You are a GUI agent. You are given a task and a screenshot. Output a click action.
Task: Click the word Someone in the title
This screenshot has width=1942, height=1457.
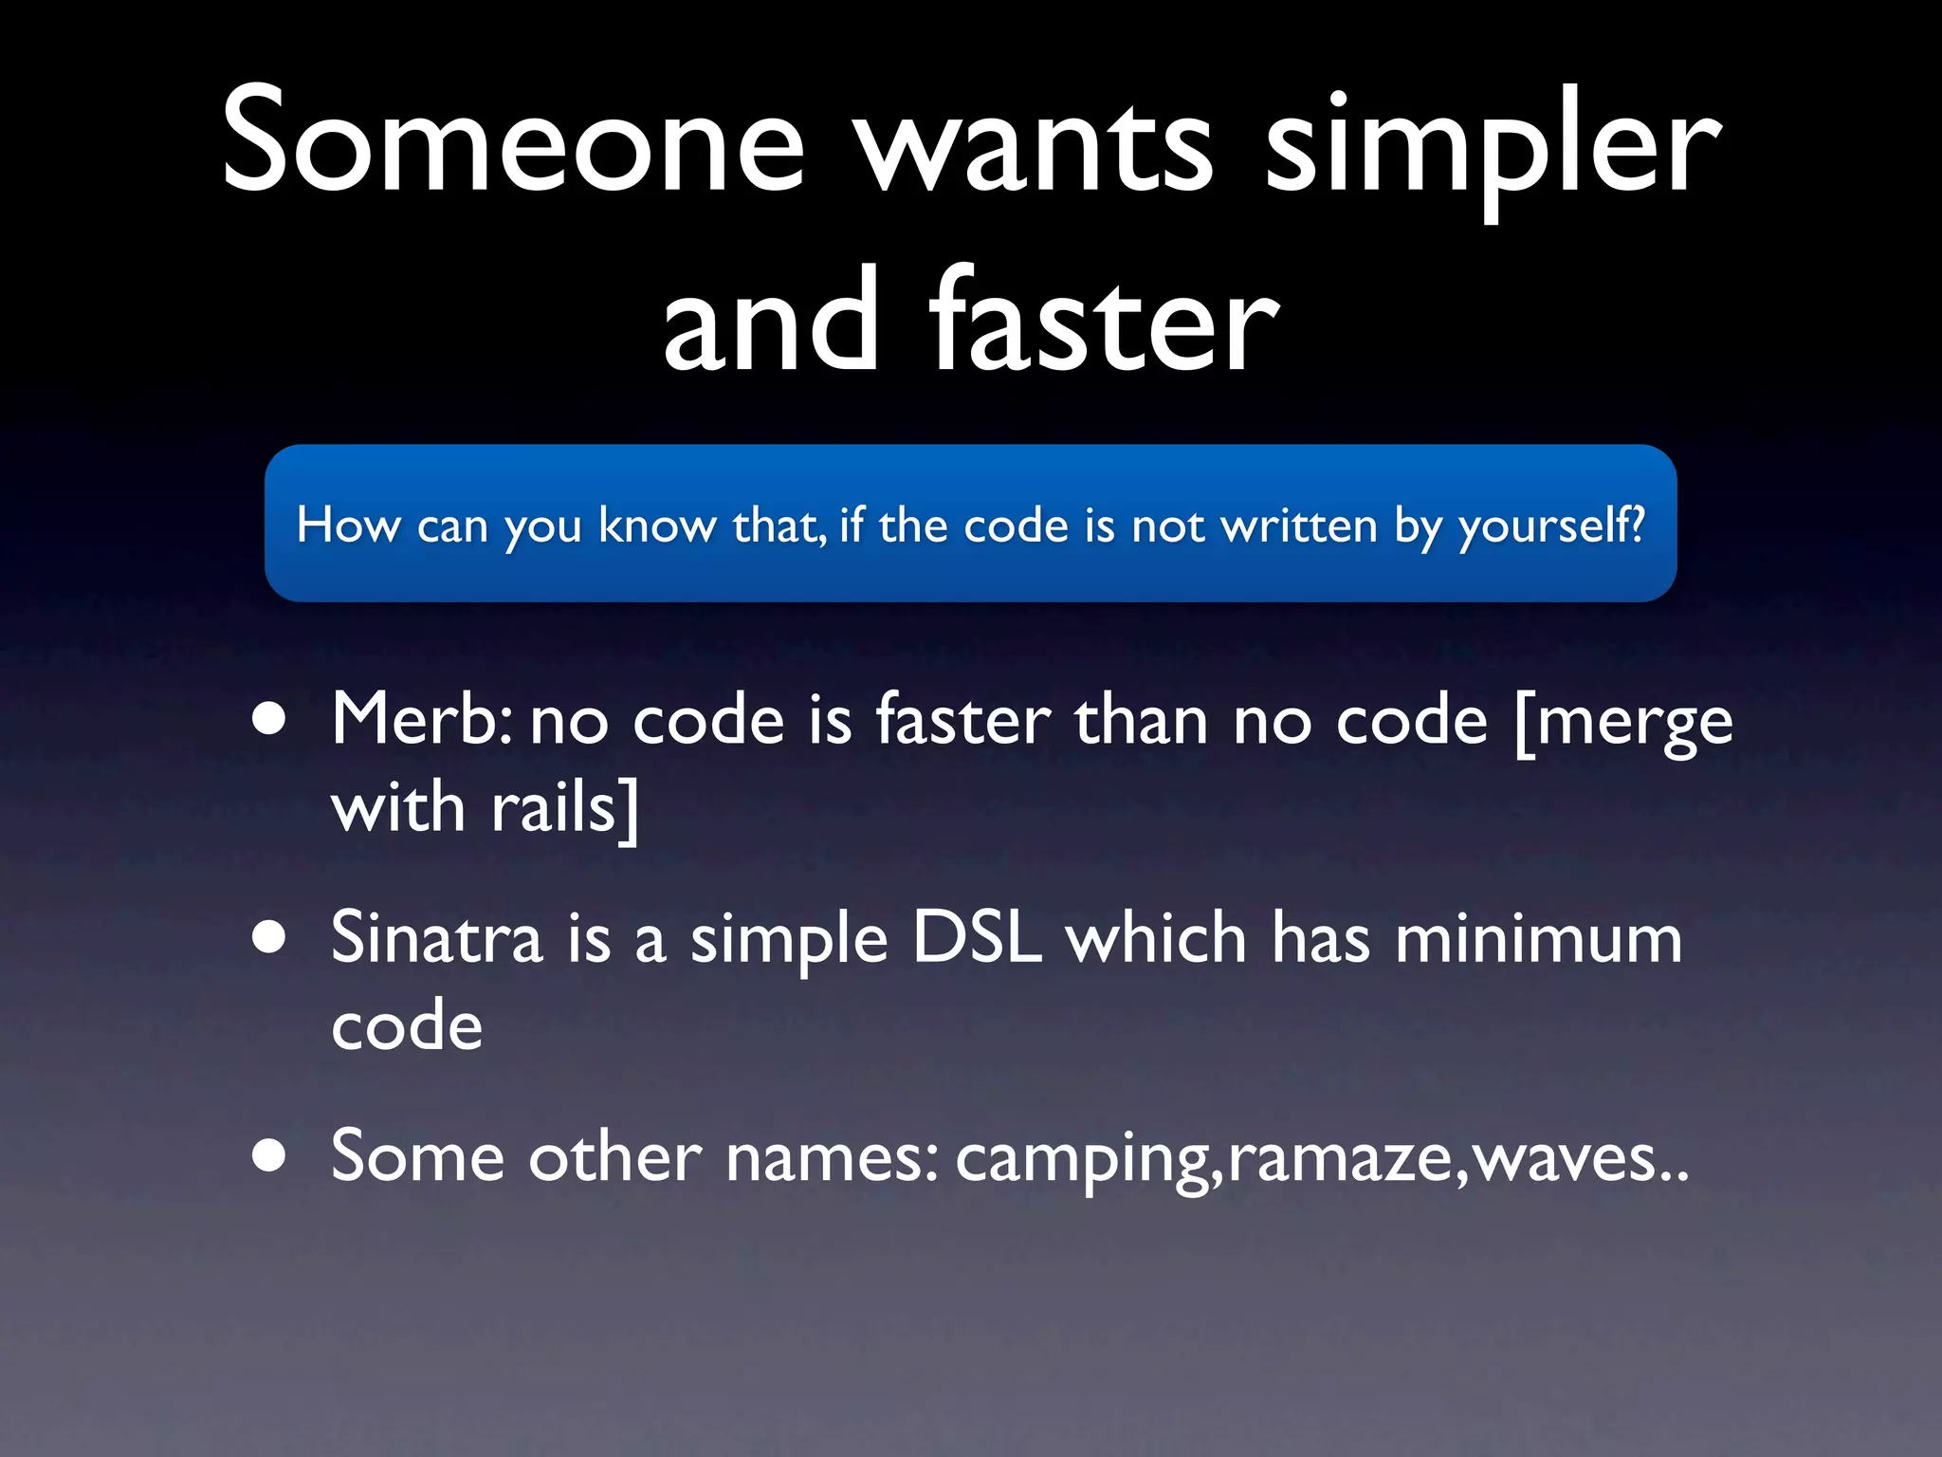(x=513, y=142)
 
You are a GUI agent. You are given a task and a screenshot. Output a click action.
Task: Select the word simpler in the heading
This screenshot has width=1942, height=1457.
(x=1493, y=147)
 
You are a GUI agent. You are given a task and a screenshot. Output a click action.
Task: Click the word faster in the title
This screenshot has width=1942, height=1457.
(x=1104, y=323)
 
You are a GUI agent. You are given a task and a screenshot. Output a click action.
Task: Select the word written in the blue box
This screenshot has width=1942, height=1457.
(x=1299, y=525)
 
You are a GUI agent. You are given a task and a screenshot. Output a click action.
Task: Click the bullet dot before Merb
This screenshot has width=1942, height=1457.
(x=269, y=720)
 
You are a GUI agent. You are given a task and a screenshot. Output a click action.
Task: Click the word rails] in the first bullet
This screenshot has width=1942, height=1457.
(x=565, y=809)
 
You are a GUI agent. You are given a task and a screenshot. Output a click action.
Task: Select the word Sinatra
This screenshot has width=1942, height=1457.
(x=436, y=937)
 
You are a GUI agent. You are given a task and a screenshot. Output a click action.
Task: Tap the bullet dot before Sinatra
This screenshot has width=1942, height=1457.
(x=269, y=937)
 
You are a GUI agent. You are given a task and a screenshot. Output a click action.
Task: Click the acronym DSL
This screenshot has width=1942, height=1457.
(x=977, y=937)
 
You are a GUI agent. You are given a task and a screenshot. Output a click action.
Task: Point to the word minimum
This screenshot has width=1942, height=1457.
(x=1538, y=937)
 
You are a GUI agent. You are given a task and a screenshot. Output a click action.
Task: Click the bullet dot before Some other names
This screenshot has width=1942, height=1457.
(x=269, y=1155)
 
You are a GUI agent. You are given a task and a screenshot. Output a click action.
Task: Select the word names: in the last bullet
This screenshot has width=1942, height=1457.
(x=832, y=1157)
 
